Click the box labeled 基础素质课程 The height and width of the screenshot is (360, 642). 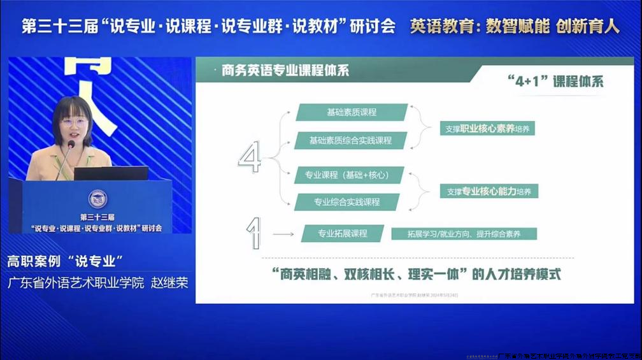[x=352, y=112]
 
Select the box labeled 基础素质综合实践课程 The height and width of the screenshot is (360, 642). [x=350, y=140]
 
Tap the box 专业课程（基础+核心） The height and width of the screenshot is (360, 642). [x=349, y=175]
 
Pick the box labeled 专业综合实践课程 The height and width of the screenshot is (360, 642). [x=346, y=202]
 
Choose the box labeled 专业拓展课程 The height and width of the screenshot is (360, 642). [x=343, y=233]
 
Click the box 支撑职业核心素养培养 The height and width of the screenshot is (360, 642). [x=487, y=129]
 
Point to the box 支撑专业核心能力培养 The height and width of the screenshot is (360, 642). [x=489, y=191]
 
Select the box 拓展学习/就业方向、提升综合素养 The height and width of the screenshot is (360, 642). [x=464, y=234]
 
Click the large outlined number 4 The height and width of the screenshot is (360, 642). [x=249, y=157]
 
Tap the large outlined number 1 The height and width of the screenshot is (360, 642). [x=254, y=233]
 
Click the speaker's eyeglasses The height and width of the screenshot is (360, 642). [x=74, y=122]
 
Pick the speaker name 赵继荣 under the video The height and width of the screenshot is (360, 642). [x=169, y=282]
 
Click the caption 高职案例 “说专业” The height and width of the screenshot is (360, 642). [x=64, y=261]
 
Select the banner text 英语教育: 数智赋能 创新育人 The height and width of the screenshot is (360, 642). [x=515, y=26]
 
